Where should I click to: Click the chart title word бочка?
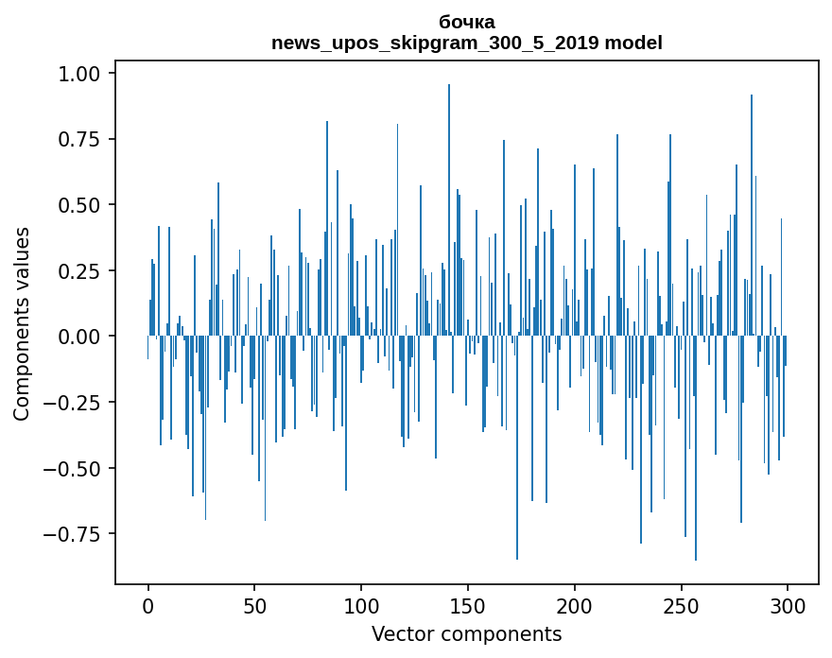coord(467,22)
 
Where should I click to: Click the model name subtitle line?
coord(467,43)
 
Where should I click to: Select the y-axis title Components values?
coord(21,323)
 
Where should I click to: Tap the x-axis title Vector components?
coord(467,634)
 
